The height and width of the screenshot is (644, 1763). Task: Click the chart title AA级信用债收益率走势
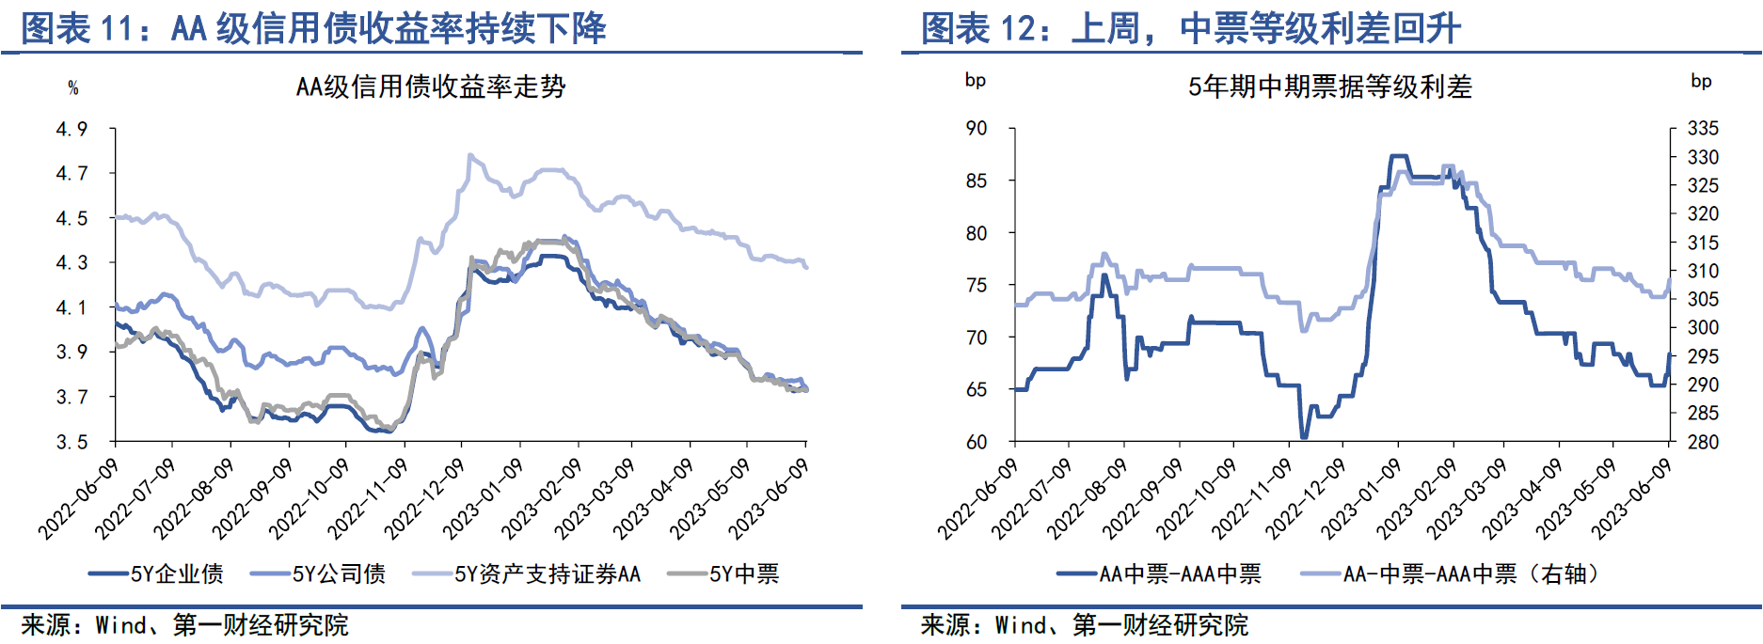pyautogui.click(x=431, y=87)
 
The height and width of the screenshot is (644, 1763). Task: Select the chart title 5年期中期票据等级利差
pyautogui.click(x=1329, y=87)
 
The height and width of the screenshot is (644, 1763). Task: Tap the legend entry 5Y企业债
pyautogui.click(x=157, y=573)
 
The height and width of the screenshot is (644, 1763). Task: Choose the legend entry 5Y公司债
pyautogui.click(x=319, y=573)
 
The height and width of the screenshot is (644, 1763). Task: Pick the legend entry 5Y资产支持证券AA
pyautogui.click(x=527, y=573)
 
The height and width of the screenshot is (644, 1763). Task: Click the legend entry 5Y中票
pyautogui.click(x=723, y=573)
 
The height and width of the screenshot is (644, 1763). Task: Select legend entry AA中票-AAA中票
pyautogui.click(x=1159, y=573)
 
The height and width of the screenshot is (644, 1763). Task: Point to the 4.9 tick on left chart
pyautogui.click(x=71, y=129)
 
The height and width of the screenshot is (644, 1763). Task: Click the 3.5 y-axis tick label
pyautogui.click(x=71, y=442)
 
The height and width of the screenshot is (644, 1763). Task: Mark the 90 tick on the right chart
pyautogui.click(x=977, y=128)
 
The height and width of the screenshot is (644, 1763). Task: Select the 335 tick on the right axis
pyautogui.click(x=1703, y=128)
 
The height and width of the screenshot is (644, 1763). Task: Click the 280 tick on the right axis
pyautogui.click(x=1703, y=442)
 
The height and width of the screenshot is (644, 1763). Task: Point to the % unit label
pyautogui.click(x=73, y=88)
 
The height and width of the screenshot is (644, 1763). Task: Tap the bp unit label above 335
pyautogui.click(x=1701, y=81)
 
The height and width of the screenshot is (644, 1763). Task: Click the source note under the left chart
pyautogui.click(x=184, y=625)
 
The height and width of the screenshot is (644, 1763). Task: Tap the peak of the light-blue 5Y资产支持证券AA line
pyautogui.click(x=470, y=155)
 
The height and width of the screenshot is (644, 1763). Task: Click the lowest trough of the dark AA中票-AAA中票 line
pyautogui.click(x=1303, y=437)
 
